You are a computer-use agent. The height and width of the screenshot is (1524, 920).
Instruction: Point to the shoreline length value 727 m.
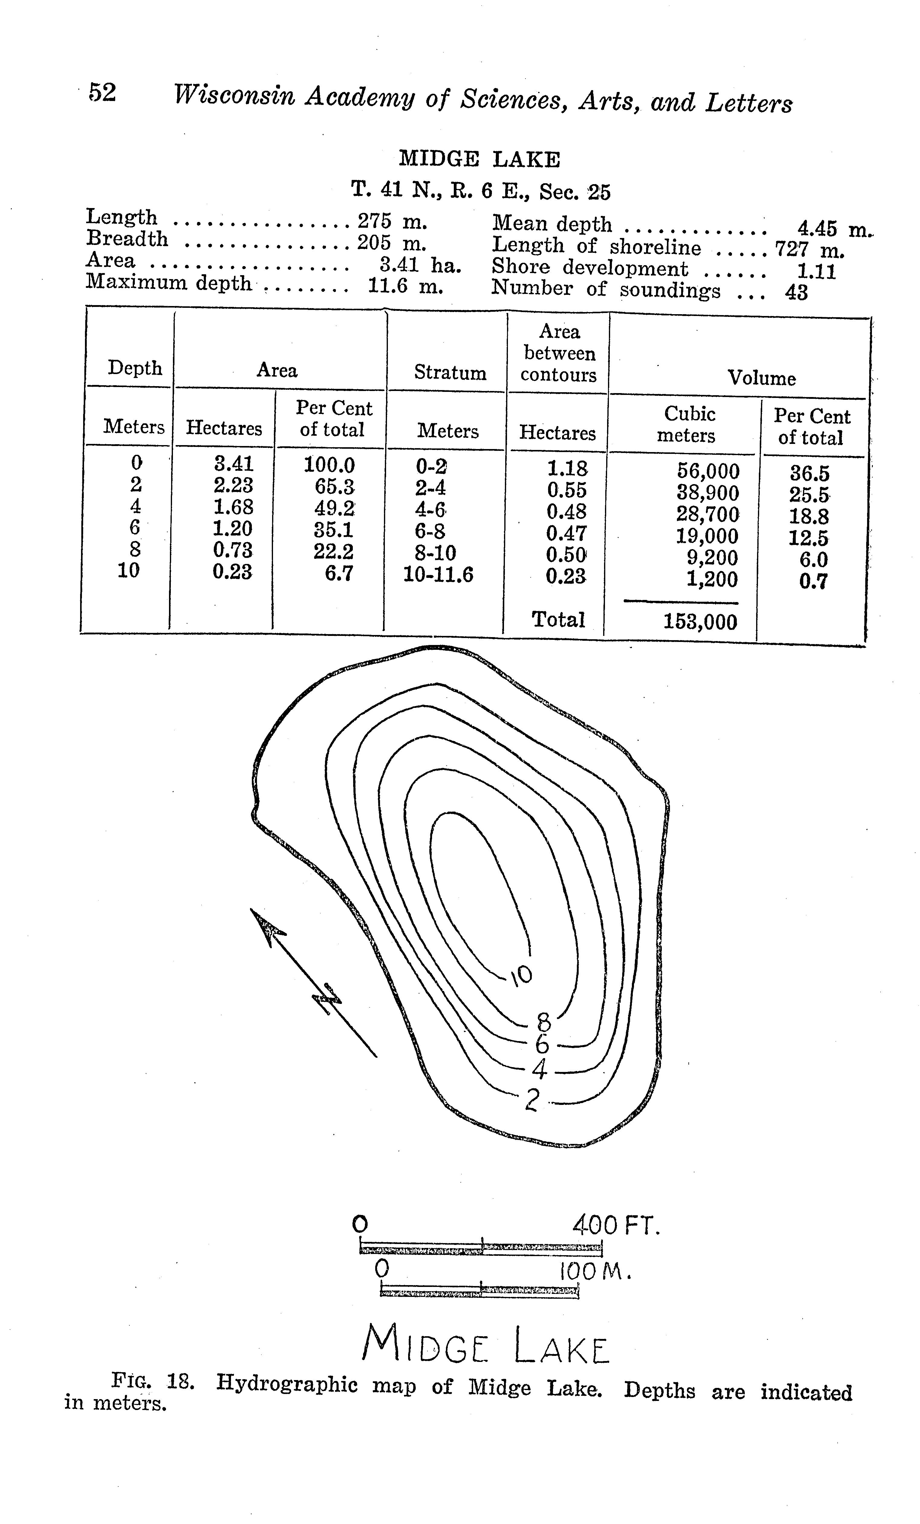[810, 249]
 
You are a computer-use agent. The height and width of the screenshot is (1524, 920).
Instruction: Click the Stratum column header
[450, 372]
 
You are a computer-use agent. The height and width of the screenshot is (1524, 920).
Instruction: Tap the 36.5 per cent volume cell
[809, 474]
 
